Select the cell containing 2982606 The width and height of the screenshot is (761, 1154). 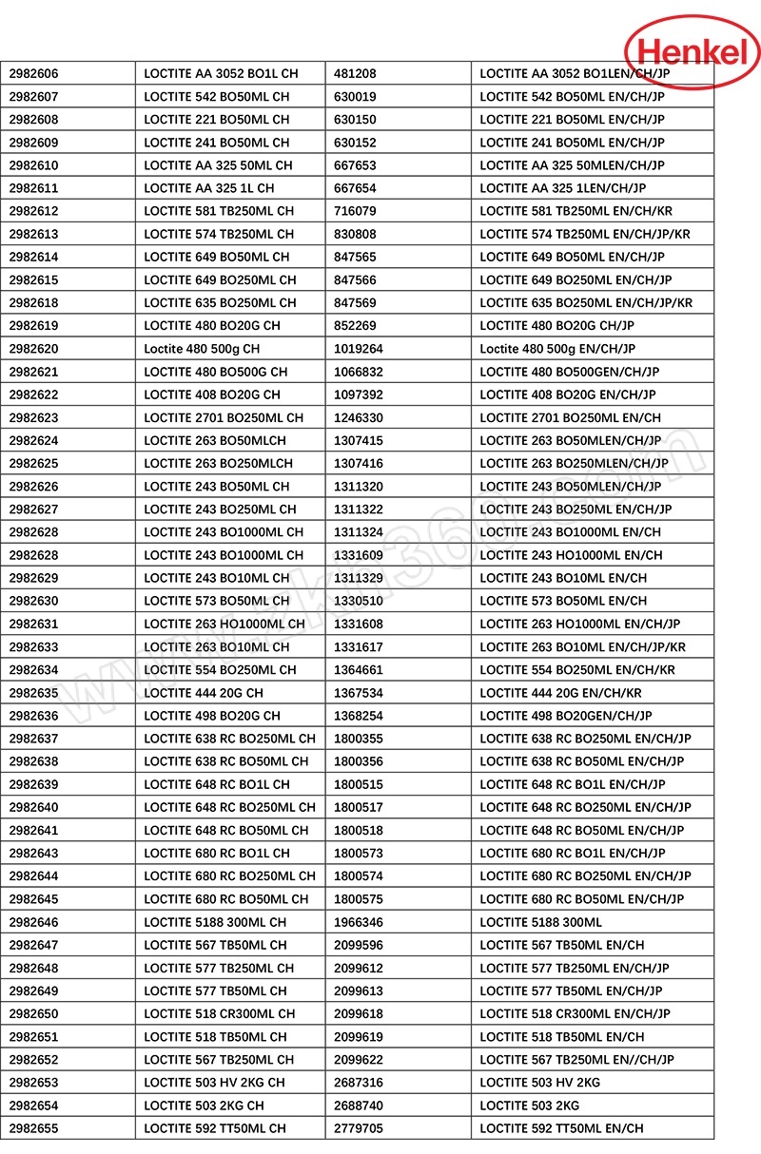point(34,73)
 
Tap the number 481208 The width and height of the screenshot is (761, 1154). point(355,73)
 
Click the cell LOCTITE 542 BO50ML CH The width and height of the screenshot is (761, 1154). point(217,96)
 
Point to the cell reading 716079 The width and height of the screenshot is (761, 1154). point(355,211)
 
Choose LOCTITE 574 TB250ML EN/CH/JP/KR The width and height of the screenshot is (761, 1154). point(585,234)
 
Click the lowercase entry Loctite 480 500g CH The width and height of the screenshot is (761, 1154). point(203,349)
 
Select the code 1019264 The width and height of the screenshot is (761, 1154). point(359,349)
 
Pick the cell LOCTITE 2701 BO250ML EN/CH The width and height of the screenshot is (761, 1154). point(570,417)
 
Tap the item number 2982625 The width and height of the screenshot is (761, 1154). point(34,463)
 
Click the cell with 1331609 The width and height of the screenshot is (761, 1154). point(359,555)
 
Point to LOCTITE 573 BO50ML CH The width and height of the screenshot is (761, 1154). point(217,601)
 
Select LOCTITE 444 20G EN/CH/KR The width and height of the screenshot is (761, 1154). point(560,693)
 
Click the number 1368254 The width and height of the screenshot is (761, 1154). point(359,716)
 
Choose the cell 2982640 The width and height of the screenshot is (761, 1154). point(34,807)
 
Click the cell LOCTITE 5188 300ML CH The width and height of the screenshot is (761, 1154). point(215,922)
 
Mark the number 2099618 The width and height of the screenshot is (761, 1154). point(359,1013)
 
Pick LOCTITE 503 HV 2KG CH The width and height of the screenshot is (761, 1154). point(214,1083)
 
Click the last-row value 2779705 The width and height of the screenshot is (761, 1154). point(359,1128)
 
